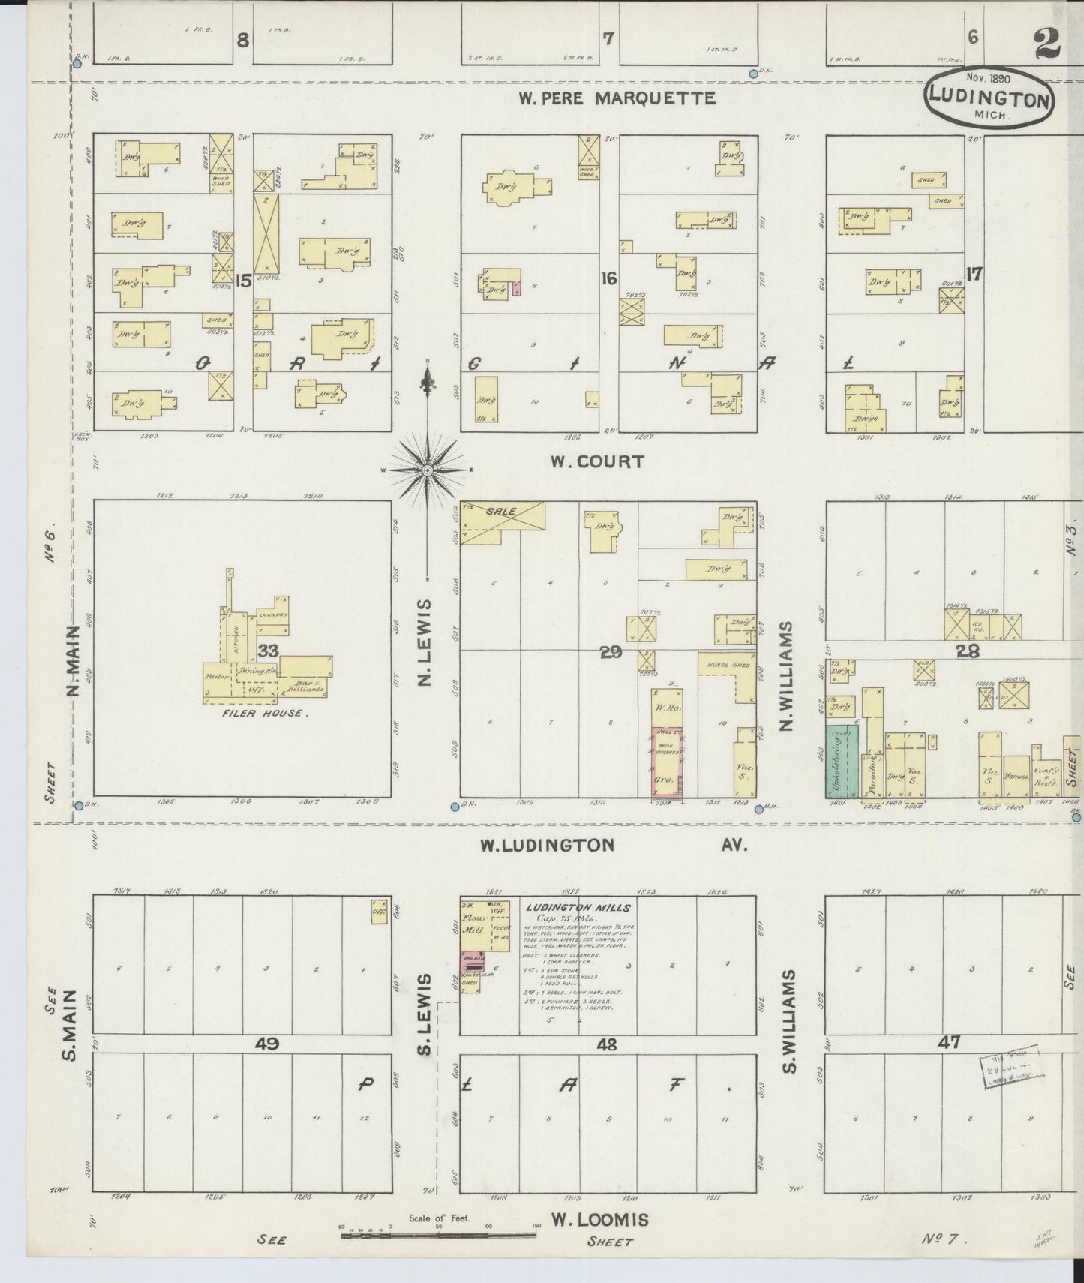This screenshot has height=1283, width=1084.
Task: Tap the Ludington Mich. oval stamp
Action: click(988, 98)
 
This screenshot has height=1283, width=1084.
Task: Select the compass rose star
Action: click(427, 470)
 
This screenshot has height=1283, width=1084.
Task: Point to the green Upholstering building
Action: click(842, 762)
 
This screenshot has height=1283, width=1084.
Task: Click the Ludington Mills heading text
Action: click(578, 907)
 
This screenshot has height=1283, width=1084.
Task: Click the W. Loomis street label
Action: click(599, 1220)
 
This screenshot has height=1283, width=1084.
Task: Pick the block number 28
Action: click(968, 651)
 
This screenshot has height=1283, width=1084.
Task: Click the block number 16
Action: click(608, 279)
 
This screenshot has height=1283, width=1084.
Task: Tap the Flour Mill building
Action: click(476, 924)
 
